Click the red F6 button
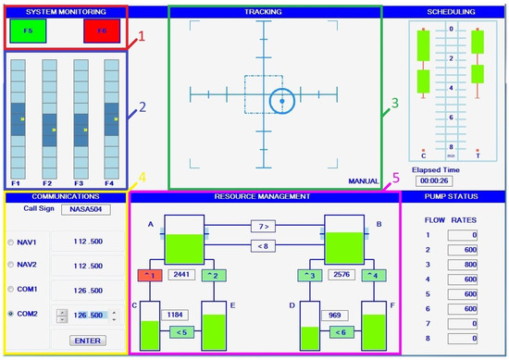click(x=101, y=31)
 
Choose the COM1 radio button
click(x=10, y=290)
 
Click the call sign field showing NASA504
click(x=85, y=209)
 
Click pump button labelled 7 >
click(x=265, y=226)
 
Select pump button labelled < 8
click(x=265, y=245)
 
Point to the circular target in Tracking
click(x=281, y=99)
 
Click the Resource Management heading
click(x=265, y=196)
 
